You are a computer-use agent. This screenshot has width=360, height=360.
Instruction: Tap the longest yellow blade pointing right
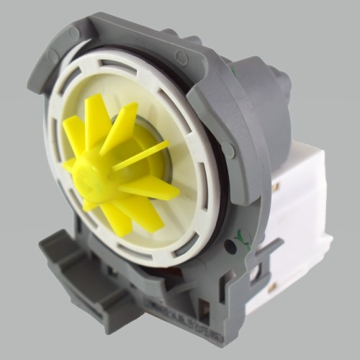(155, 189)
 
